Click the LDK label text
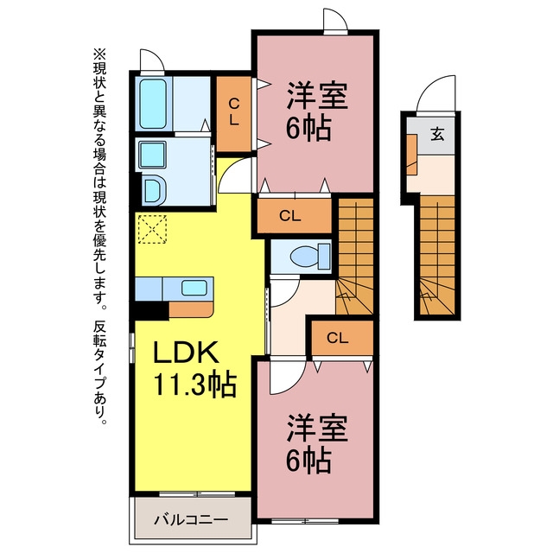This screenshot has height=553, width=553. [x=186, y=353]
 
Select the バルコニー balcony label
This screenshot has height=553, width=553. [x=191, y=519]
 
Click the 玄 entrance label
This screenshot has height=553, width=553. [x=437, y=134]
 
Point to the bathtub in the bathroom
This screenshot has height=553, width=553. [x=153, y=104]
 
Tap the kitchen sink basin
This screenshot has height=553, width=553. [x=194, y=288]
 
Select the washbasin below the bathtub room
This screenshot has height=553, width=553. [x=153, y=155]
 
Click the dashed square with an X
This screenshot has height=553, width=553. [x=152, y=229]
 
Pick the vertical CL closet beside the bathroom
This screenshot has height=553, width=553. [x=233, y=113]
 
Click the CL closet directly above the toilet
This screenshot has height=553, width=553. [x=294, y=216]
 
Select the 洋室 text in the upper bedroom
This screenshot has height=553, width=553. [x=317, y=96]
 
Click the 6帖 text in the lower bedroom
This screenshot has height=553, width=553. [x=308, y=461]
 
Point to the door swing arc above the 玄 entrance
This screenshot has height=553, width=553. [x=431, y=86]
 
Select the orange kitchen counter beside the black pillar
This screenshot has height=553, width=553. [x=191, y=309]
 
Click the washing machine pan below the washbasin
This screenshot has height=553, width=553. [x=154, y=191]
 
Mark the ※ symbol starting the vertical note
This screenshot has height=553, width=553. [x=99, y=54]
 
